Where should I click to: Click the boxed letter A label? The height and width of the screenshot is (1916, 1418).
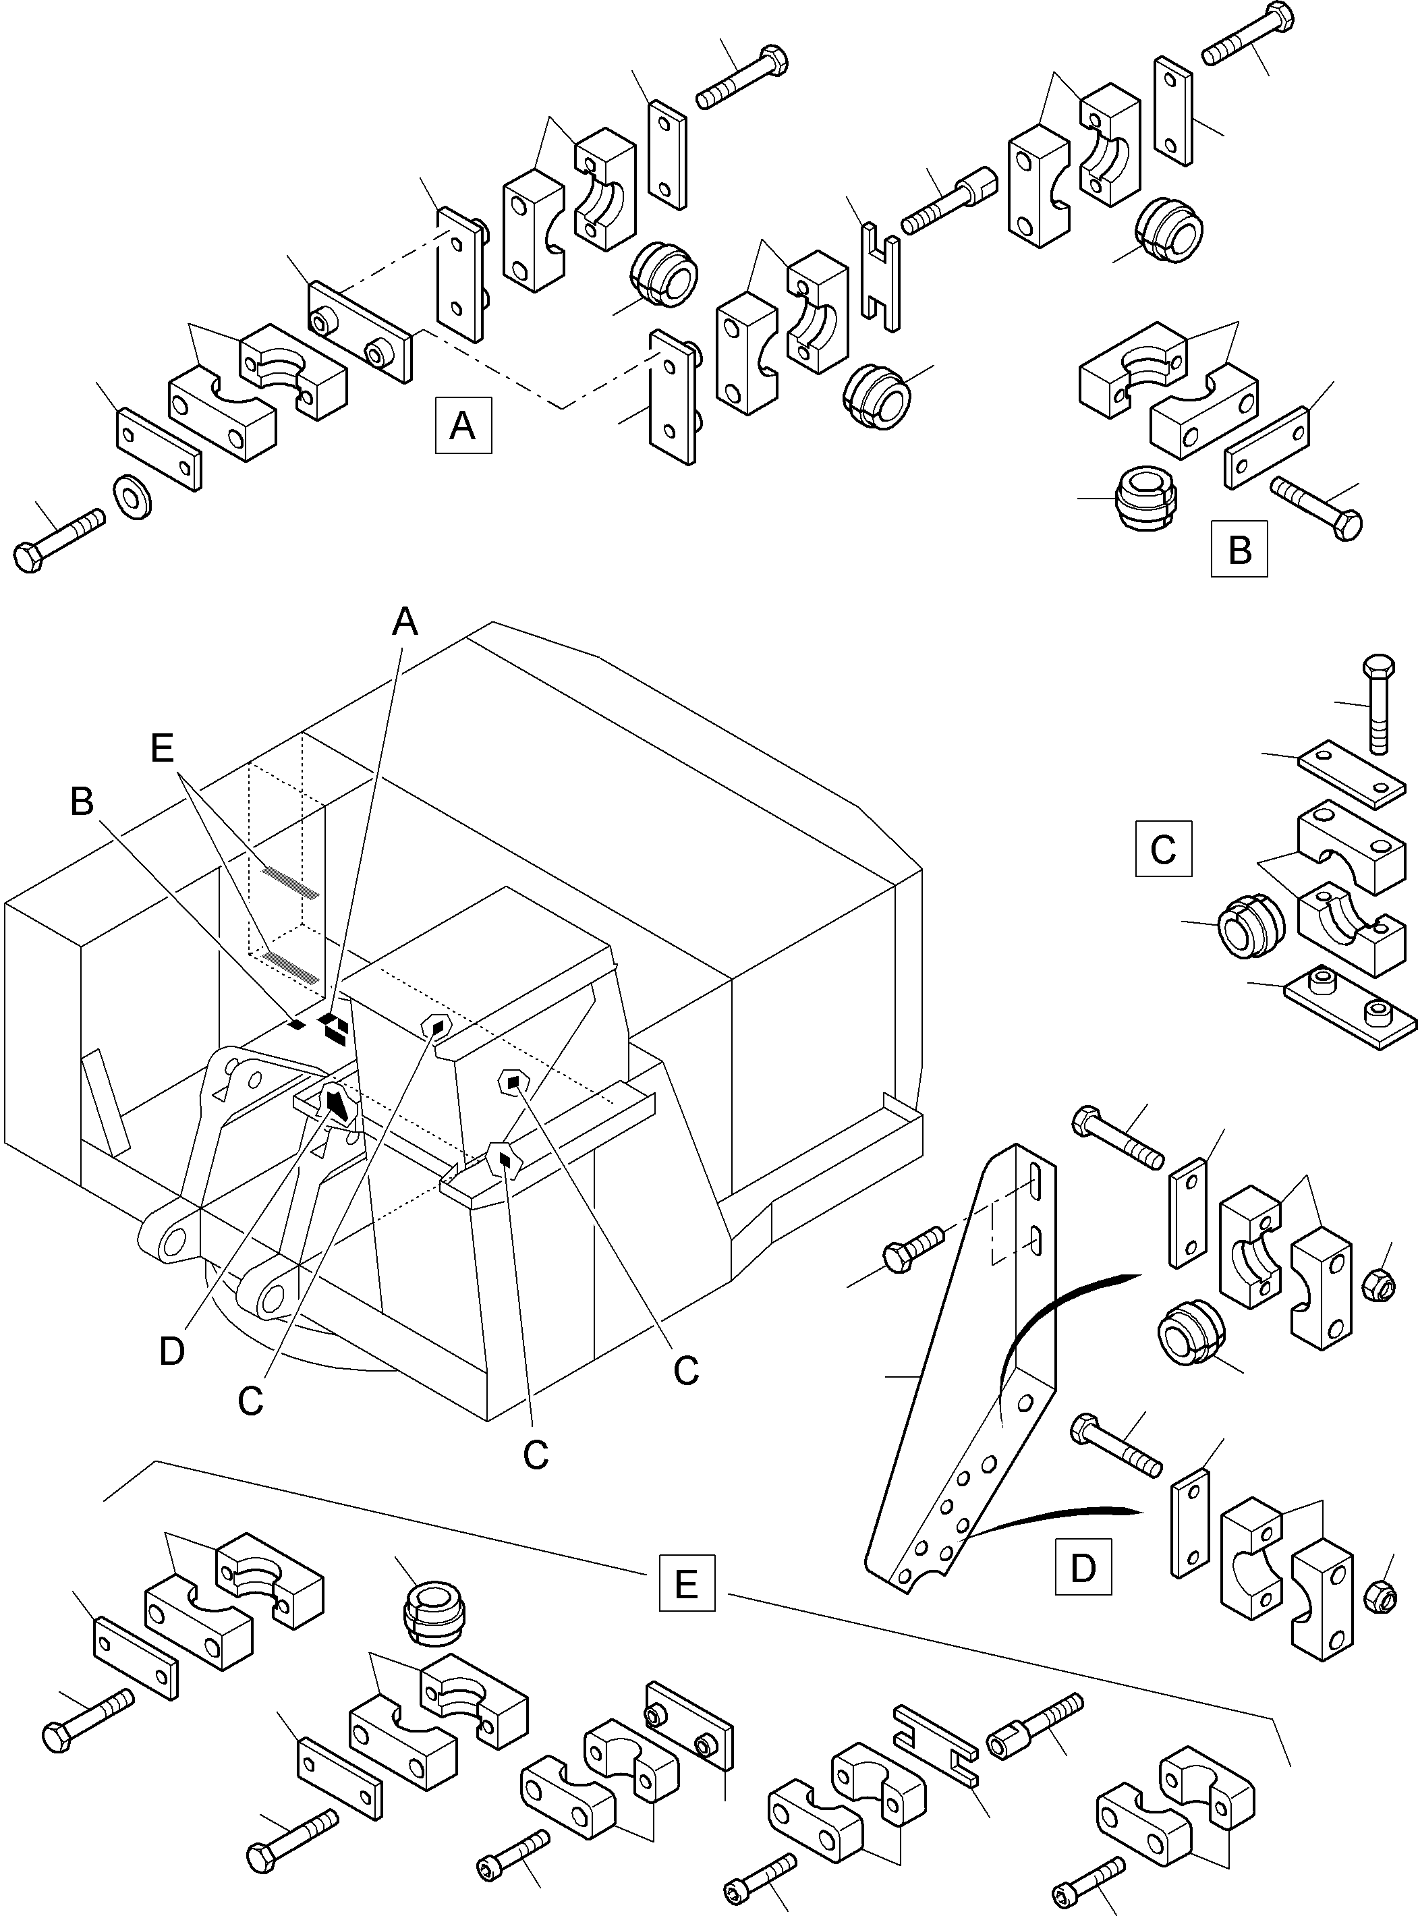pos(463,425)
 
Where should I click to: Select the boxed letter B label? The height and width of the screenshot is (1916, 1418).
pos(1239,548)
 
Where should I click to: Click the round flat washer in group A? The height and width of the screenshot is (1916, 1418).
pos(133,495)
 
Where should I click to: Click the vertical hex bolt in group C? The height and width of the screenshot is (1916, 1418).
pos(1377,703)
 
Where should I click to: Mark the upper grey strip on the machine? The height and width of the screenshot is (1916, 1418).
pos(290,882)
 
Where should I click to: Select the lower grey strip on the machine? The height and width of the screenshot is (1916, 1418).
pos(290,967)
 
